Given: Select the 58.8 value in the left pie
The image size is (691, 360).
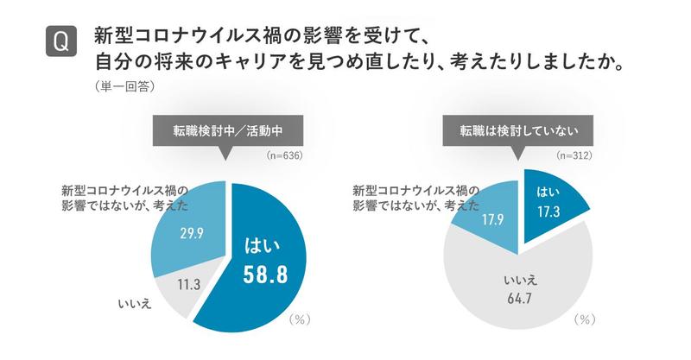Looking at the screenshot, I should coord(263,274).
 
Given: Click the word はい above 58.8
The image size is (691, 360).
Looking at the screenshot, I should coord(263,243).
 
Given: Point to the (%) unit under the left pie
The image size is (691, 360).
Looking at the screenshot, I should coord(298,319).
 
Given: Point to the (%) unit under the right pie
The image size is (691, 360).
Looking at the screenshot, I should coord(585,319).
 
